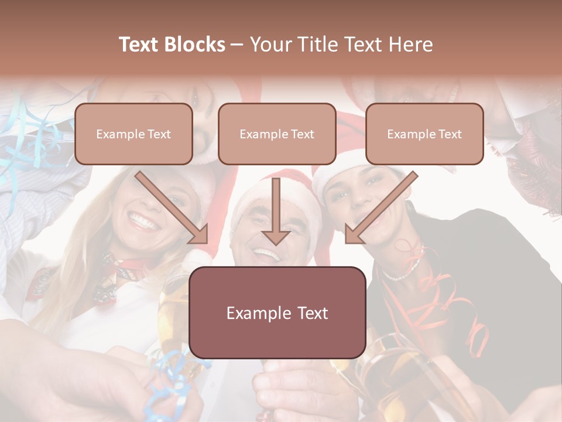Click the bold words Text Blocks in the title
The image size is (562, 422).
(x=172, y=45)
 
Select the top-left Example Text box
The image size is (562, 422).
(x=133, y=134)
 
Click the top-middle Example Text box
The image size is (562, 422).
(x=277, y=134)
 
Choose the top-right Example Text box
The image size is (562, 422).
(x=424, y=134)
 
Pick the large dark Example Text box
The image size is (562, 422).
(x=277, y=312)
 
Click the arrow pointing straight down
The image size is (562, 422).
(x=276, y=211)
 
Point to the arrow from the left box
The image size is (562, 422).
(x=173, y=208)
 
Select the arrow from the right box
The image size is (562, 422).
(x=381, y=208)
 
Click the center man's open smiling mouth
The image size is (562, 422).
(x=267, y=255)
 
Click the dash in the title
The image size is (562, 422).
(x=237, y=45)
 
